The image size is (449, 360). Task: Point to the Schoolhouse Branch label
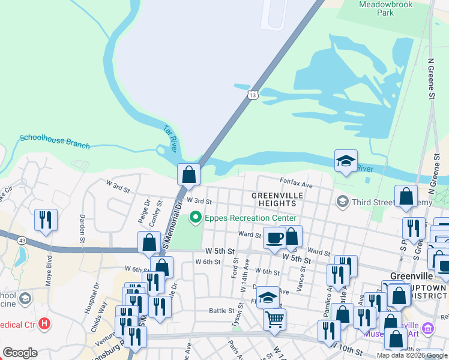pos(55,142)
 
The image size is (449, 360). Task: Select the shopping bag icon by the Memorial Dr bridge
pos(188,175)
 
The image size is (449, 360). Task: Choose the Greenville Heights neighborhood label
pos(282,200)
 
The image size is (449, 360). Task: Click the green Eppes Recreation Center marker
pos(194,218)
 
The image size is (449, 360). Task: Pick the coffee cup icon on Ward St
pos(274,237)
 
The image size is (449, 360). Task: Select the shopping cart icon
pos(274,320)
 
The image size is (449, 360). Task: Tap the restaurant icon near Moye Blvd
pos(46,220)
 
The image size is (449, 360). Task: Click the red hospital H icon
pos(44,324)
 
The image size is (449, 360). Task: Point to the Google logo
pos(20,353)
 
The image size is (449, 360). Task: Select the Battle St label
pos(221,311)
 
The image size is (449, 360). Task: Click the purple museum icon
pos(427,328)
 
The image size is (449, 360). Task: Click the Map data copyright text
pos(411,355)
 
